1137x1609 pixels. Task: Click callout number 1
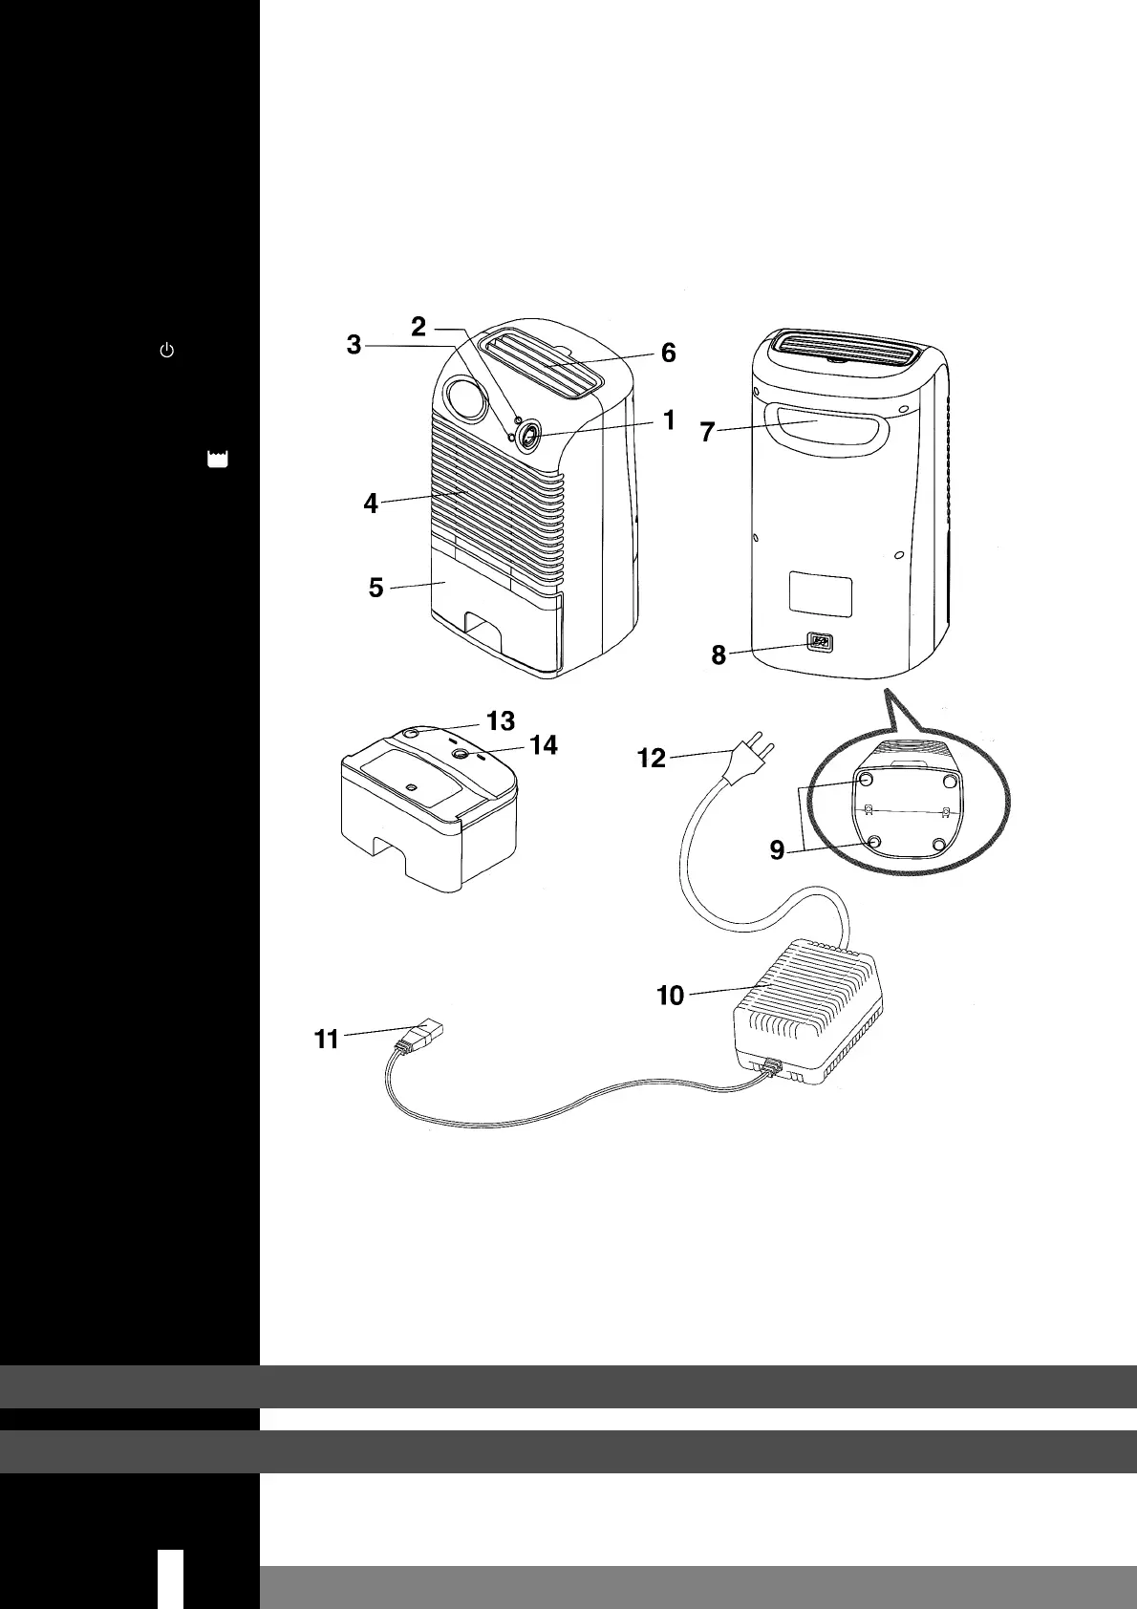(669, 419)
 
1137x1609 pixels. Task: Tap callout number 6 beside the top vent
(668, 353)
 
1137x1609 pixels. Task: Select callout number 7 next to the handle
(707, 432)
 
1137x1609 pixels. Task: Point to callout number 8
(719, 655)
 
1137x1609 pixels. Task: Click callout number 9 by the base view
(778, 849)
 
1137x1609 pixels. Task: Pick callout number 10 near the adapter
(670, 996)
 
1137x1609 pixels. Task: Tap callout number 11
(327, 1039)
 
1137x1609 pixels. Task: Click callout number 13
(501, 719)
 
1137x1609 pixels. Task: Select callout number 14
(543, 744)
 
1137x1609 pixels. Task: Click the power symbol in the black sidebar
(166, 351)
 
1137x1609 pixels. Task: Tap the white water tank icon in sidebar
(218, 460)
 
